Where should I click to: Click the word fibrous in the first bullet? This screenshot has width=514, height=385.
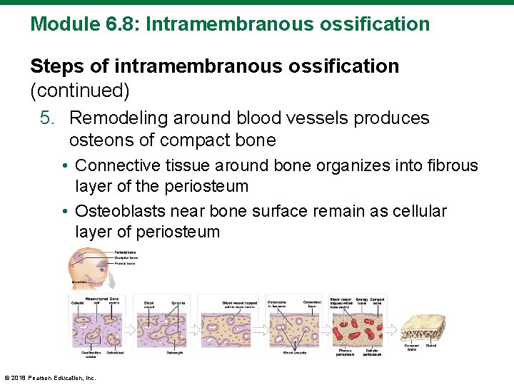[x=452, y=165]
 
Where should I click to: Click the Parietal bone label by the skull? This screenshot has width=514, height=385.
[x=126, y=252]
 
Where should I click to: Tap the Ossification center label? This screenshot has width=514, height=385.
[x=91, y=355]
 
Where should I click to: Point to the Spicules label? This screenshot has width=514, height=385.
[x=178, y=303]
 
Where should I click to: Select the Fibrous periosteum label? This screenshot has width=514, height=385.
[x=346, y=352]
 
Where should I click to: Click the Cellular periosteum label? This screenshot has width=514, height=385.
[x=371, y=352]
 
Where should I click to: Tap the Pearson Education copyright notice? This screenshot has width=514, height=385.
[x=50, y=377]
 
